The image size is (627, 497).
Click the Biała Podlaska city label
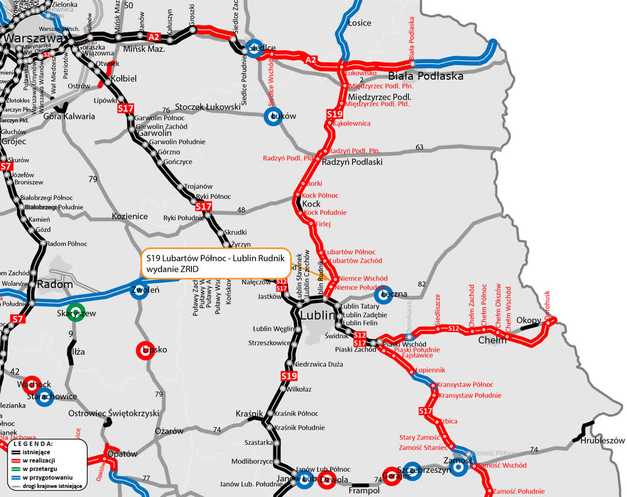pos(425,76)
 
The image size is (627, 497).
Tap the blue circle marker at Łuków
pos(273,116)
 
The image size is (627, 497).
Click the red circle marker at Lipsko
pos(145,350)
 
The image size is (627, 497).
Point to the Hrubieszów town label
pos(602,441)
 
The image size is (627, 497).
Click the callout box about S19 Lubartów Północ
pos(216,264)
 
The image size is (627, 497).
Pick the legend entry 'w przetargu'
pos(40,469)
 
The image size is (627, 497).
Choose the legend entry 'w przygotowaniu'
pos(47,478)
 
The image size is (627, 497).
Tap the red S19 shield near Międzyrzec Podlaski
pos(335,114)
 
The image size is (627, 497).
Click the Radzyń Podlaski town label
pos(352,162)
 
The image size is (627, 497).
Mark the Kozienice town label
pos(130,216)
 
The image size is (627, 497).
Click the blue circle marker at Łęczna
pos(383,295)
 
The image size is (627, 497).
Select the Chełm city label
pos(492,340)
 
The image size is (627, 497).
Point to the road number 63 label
pos(419,147)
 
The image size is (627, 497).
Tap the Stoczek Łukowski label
pos(208,107)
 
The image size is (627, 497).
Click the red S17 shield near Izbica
pos(425,411)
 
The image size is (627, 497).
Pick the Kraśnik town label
pos(249,414)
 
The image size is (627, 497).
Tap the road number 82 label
pos(422,284)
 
